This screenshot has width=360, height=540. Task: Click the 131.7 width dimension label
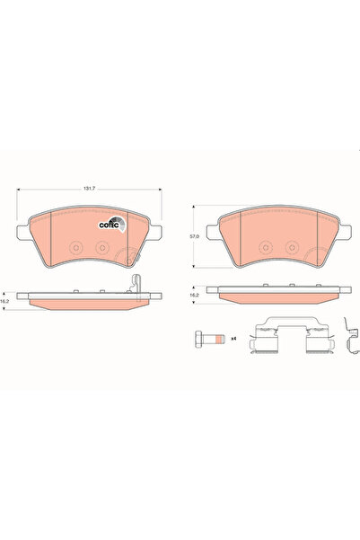88,190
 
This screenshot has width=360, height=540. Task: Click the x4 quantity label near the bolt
233,339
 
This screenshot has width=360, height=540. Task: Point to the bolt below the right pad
211,339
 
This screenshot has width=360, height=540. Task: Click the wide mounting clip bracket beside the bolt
281,336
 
